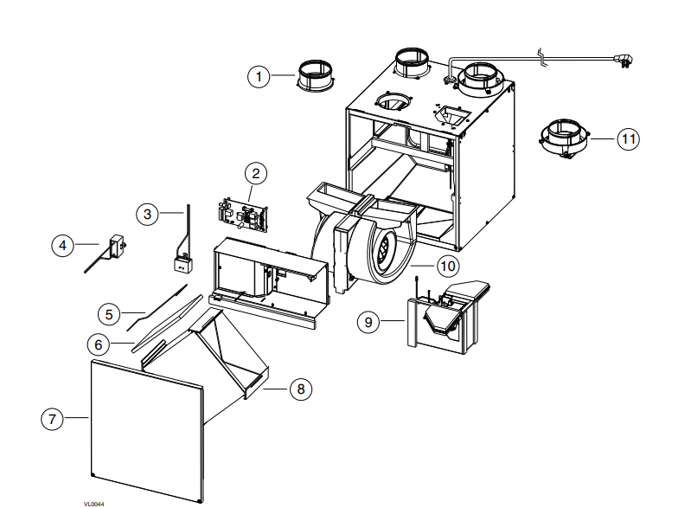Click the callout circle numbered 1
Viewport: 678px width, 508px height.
coord(259,77)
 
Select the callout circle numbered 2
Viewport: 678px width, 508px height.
coord(256,173)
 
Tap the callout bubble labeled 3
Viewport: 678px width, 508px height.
coord(147,215)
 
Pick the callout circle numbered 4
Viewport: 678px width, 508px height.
coord(62,246)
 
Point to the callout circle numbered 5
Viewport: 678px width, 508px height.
coord(109,315)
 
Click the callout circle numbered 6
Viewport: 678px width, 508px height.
coord(99,344)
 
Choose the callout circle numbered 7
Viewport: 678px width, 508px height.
coord(52,419)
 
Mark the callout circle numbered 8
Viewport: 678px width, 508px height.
coord(301,389)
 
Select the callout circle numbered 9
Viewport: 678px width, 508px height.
coord(368,322)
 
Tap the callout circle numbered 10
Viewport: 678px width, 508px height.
coord(448,266)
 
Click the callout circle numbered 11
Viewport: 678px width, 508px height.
coord(628,139)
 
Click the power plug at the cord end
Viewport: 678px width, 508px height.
coord(624,61)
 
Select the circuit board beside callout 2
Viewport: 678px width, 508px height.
coord(242,215)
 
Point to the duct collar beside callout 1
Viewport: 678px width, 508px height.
coord(315,76)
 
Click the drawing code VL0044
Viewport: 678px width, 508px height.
coord(93,504)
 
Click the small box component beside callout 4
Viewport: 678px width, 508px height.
coord(118,247)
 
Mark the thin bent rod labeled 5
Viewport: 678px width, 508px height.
coord(157,308)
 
